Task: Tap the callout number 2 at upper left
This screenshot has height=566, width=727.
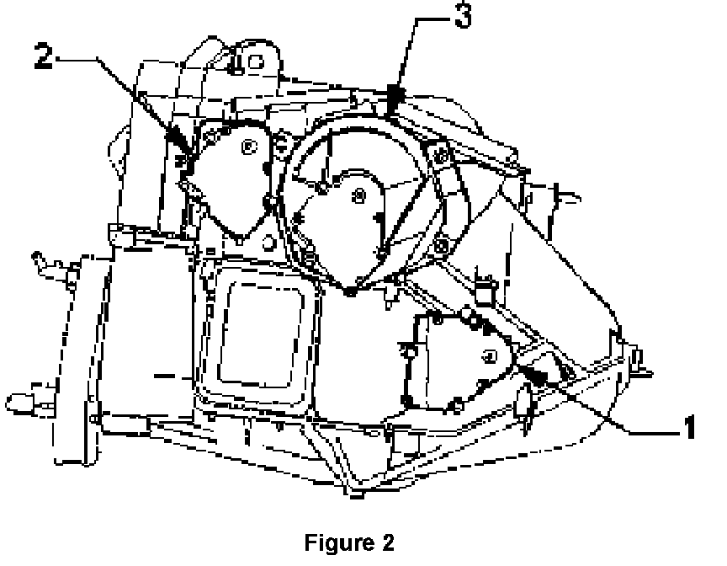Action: click(46, 56)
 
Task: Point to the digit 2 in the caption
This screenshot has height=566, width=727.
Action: click(387, 542)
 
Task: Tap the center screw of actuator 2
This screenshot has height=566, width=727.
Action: click(247, 147)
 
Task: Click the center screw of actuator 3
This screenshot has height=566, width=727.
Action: click(359, 195)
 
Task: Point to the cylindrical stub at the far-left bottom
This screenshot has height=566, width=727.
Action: click(19, 397)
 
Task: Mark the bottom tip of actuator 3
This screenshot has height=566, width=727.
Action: click(348, 291)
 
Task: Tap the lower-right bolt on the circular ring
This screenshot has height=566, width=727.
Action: click(441, 246)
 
